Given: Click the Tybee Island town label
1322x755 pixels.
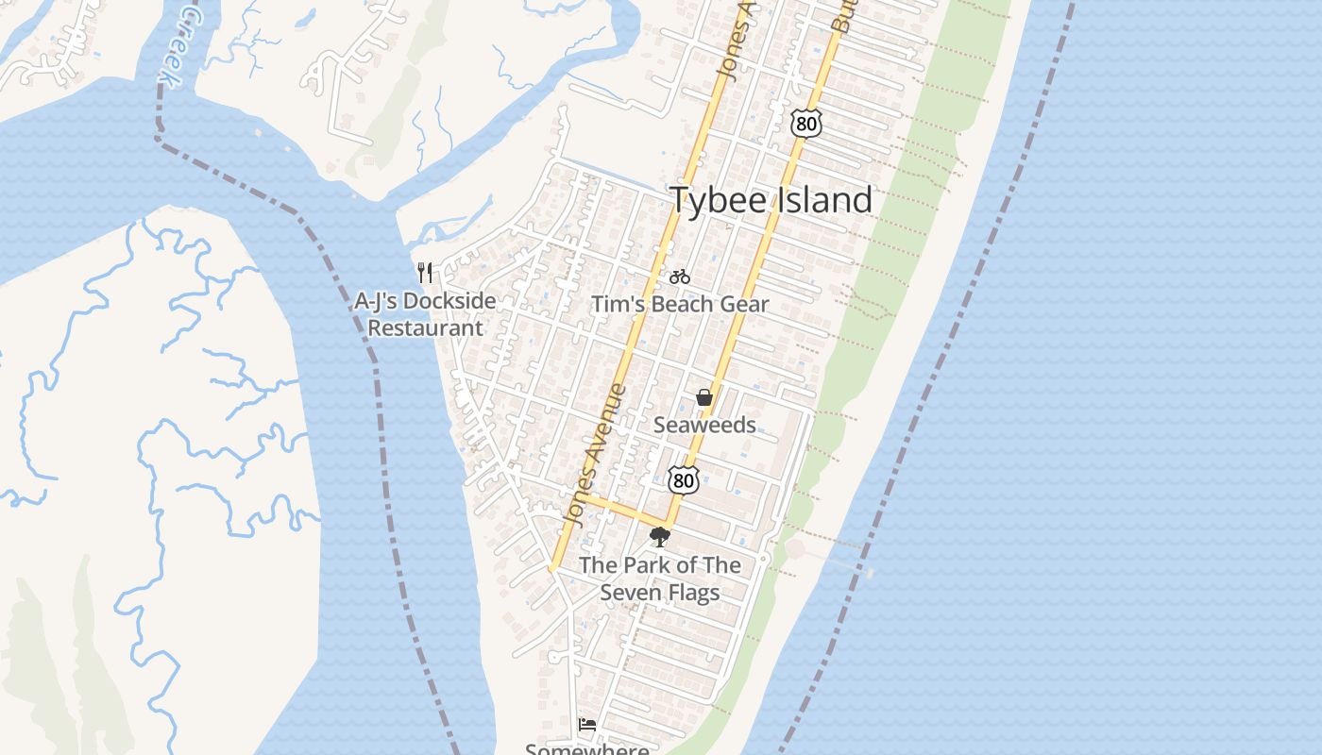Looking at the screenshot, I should [771, 200].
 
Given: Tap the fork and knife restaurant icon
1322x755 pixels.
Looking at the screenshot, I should [425, 273].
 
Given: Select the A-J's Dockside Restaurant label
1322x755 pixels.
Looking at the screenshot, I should [425, 314].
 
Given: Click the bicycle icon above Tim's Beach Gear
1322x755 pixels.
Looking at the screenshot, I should [680, 277].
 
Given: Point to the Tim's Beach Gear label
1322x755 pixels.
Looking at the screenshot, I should [680, 304].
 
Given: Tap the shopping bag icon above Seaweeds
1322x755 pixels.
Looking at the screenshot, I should [704, 397].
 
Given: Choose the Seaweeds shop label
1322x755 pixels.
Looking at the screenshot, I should [704, 425].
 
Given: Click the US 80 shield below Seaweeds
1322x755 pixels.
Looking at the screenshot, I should [683, 479].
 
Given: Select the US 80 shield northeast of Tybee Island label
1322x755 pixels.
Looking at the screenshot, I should [805, 123].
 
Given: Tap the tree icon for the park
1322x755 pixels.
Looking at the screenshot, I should [660, 537].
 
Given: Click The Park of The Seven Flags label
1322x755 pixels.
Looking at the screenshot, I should [660, 579].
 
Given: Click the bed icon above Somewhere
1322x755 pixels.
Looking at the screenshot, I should [587, 725].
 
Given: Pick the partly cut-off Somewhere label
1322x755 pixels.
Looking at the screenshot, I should [586, 748].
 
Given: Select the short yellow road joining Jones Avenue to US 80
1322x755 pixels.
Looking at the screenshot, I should [623, 509].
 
